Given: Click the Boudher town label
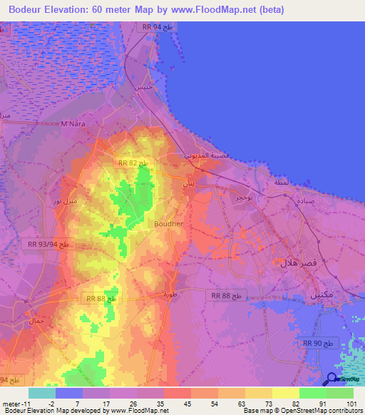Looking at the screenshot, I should pyautogui.click(x=169, y=223).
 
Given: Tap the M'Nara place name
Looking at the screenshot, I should pyautogui.click(x=73, y=124).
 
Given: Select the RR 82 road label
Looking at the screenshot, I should pyautogui.click(x=133, y=163).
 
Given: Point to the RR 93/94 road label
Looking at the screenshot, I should pyautogui.click(x=49, y=244).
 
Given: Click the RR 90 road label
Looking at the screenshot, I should pyautogui.click(x=318, y=344).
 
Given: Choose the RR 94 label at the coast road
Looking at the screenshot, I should pyautogui.click(x=158, y=26).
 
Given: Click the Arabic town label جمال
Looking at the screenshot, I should pyautogui.click(x=36, y=322).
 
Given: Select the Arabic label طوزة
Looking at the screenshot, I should pyautogui.click(x=169, y=294).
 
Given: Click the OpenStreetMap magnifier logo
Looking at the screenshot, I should pyautogui.click(x=332, y=379).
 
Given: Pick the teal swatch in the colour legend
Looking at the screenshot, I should pyautogui.click(x=42, y=393).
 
